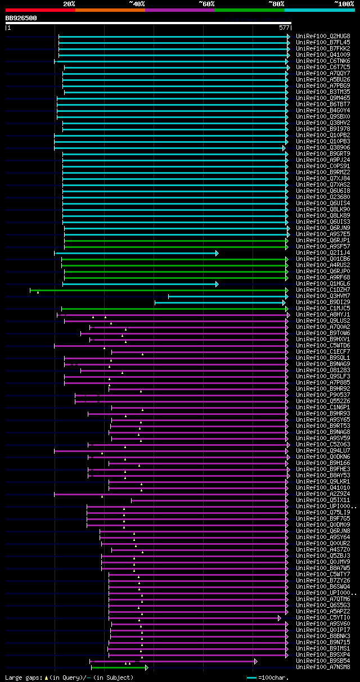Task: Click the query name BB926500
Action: [x=21, y=18]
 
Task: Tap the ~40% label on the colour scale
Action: [x=137, y=4]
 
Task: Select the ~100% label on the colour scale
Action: [x=344, y=4]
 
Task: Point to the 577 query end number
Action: [x=283, y=27]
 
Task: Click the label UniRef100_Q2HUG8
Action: [x=323, y=36]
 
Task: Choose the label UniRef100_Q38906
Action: [x=323, y=148]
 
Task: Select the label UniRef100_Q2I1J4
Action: [x=323, y=253]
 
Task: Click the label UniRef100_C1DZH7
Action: [x=323, y=290]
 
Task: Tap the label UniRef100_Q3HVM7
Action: [x=323, y=296]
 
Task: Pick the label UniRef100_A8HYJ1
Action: [x=323, y=315]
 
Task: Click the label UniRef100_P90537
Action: [x=323, y=395]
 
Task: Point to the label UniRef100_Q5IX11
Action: [x=323, y=500]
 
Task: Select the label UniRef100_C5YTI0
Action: [x=323, y=618]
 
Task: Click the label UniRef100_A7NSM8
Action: [x=323, y=667]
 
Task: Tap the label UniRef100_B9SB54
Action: [x=323, y=661]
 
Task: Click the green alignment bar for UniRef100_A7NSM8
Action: [x=118, y=667]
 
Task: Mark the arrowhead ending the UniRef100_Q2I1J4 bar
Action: [x=217, y=253]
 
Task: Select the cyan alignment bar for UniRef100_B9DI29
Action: [x=219, y=302]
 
